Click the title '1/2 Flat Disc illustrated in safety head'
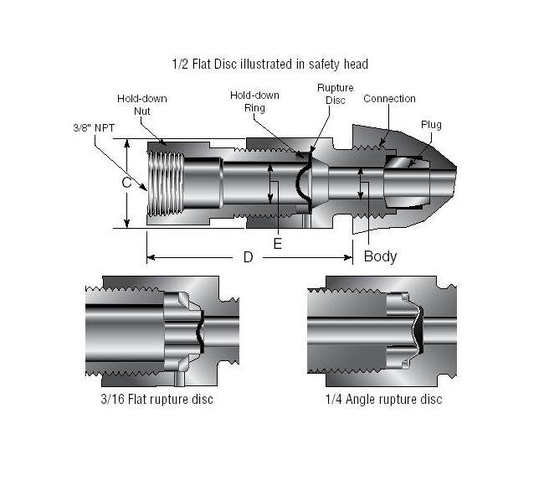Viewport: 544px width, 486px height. [x=269, y=63]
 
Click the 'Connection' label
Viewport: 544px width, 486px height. [x=389, y=99]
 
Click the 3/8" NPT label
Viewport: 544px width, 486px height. [x=92, y=129]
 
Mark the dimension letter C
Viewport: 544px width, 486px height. [x=126, y=182]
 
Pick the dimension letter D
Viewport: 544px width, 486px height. [x=248, y=257]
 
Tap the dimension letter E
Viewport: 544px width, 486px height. [x=278, y=243]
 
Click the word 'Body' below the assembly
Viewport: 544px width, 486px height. [x=380, y=256]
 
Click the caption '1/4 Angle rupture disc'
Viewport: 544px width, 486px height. [x=383, y=399]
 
